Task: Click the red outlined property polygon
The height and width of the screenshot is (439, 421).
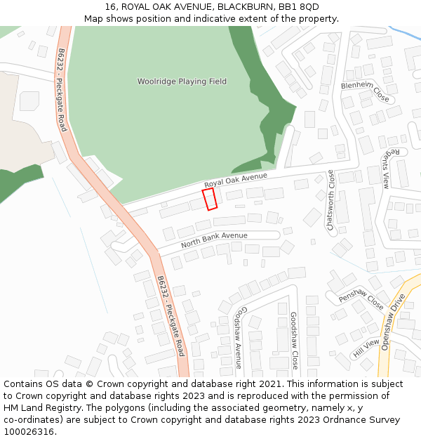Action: click(x=210, y=199)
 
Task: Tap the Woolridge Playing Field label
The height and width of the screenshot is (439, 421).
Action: click(x=182, y=81)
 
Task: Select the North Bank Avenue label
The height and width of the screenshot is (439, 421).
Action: click(x=214, y=240)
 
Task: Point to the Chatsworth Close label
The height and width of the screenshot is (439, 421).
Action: click(x=330, y=199)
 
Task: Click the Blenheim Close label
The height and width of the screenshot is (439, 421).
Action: click(x=365, y=91)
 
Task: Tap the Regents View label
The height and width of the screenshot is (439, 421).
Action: click(x=389, y=169)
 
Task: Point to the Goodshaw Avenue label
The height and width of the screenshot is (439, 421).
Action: click(x=239, y=337)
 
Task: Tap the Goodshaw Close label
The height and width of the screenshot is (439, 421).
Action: click(x=294, y=341)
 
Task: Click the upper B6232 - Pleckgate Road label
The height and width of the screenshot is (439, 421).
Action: click(x=62, y=90)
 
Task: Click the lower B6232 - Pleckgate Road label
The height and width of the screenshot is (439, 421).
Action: click(x=171, y=315)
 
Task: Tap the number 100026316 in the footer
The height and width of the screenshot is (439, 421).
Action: click(x=29, y=432)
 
